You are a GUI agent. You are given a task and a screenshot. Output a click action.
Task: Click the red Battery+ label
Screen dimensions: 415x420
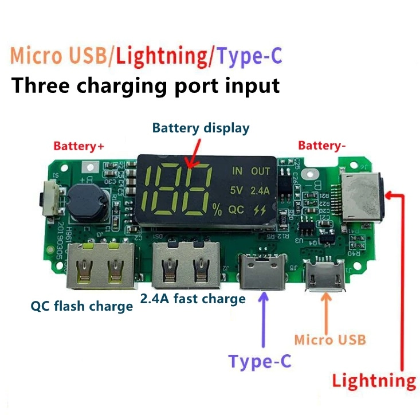(x=79, y=146)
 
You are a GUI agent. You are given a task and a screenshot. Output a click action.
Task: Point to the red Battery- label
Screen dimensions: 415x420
(x=322, y=146)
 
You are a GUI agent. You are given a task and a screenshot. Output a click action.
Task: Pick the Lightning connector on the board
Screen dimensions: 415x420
(x=361, y=195)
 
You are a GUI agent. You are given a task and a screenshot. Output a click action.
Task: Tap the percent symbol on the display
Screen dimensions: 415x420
(x=217, y=210)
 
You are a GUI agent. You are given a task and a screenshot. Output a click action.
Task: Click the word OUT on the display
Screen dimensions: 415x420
(x=261, y=171)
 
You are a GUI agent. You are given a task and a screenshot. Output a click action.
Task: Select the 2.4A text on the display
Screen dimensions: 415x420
(x=261, y=190)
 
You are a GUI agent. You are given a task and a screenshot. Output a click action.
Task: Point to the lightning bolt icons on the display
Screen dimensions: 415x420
(x=261, y=210)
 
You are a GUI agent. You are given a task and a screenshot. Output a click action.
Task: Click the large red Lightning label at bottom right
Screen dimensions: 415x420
(x=375, y=381)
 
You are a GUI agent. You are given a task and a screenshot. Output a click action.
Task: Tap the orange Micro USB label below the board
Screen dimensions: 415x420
(x=329, y=339)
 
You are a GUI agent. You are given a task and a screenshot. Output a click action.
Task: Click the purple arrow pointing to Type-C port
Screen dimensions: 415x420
(x=264, y=321)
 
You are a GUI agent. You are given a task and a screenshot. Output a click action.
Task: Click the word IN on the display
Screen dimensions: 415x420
(x=237, y=171)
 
